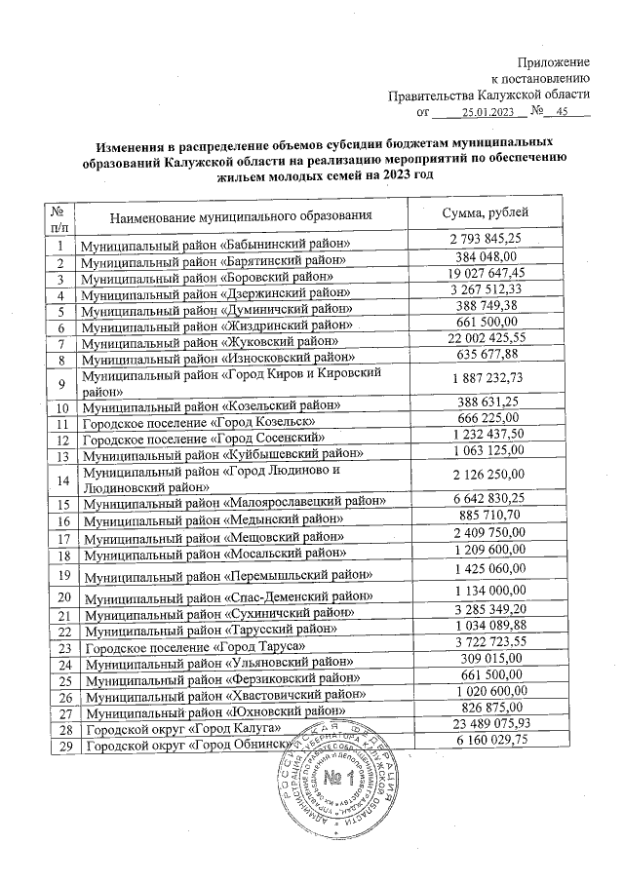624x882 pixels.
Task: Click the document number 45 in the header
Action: click(x=562, y=113)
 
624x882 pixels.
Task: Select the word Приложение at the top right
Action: click(x=554, y=61)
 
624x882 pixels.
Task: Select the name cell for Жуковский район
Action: click(x=211, y=343)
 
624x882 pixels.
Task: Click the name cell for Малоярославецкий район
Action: click(x=234, y=503)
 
